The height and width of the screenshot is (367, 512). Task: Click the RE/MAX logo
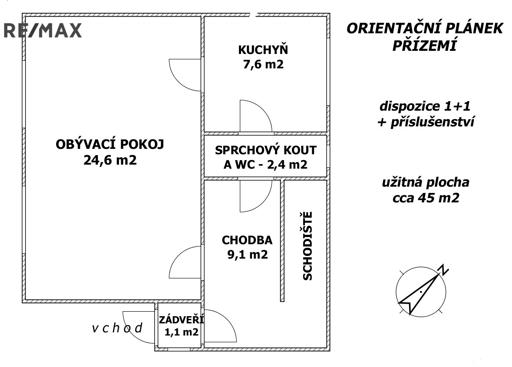(x=43, y=30)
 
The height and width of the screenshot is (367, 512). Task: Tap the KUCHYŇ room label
(x=263, y=50)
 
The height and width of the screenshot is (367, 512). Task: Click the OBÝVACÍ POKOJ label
(x=110, y=145)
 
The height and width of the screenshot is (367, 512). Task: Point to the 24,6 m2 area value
(x=110, y=160)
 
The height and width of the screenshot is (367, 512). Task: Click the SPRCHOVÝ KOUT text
(x=265, y=150)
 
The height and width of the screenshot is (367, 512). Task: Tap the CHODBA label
(x=247, y=240)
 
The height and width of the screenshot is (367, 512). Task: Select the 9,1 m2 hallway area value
(x=247, y=255)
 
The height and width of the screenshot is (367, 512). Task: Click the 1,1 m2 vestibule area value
(x=179, y=333)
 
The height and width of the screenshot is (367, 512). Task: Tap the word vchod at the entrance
(x=117, y=328)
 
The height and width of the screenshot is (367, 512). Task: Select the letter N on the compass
(x=444, y=270)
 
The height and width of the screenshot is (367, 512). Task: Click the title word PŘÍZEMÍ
(x=424, y=46)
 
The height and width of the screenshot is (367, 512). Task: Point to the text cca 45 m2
(x=425, y=197)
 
